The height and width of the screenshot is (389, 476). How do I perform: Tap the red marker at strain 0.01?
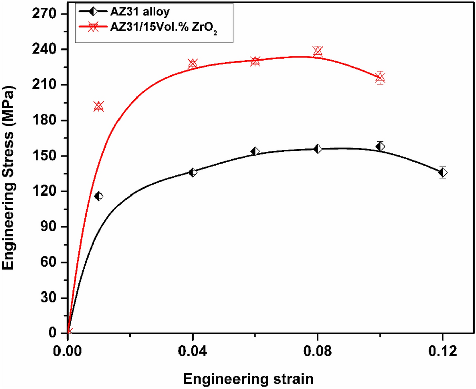point(99,106)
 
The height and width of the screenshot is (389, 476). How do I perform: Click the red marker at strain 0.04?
point(193,64)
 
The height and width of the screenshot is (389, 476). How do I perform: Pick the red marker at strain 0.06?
point(255,61)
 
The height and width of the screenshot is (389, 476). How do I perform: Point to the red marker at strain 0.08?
point(318,51)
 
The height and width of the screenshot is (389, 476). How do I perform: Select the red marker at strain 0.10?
point(380,77)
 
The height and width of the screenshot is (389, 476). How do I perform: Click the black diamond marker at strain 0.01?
point(99,196)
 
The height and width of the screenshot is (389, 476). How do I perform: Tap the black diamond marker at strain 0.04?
point(193,172)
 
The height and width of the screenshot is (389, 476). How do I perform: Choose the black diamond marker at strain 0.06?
point(255,151)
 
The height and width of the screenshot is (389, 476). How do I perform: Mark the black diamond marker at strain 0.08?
point(318,149)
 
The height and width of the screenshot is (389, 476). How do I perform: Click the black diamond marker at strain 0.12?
point(443,172)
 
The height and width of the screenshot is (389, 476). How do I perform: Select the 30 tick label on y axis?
point(50,298)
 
